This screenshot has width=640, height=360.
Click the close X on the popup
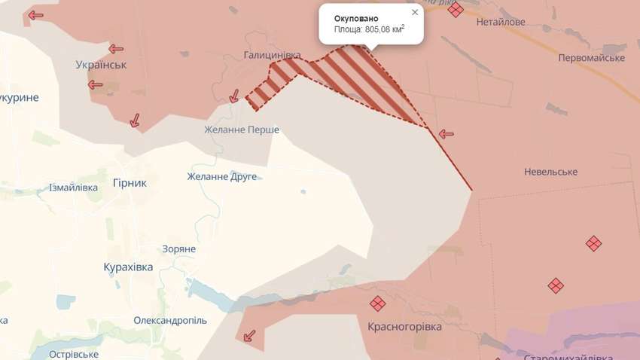[415, 13]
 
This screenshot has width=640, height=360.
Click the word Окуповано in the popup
[356, 17]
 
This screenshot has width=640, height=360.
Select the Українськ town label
[102, 65]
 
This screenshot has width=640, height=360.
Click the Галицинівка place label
[272, 55]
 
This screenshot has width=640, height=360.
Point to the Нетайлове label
[501, 22]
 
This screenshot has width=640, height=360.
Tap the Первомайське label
[592, 58]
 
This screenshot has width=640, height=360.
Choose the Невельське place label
[551, 172]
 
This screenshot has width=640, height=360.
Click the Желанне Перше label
[242, 130]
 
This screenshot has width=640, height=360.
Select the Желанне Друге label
[222, 176]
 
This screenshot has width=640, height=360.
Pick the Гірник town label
[130, 182]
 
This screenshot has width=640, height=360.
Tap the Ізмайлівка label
[73, 188]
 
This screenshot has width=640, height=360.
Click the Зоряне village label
[179, 249]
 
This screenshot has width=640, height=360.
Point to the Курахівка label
[128, 267]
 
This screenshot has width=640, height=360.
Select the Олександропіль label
[170, 320]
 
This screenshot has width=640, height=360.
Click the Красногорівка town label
[404, 327]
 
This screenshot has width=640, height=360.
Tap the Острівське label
[74, 354]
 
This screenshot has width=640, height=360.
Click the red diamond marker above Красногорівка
[377, 304]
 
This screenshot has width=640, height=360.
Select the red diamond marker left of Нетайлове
[455, 9]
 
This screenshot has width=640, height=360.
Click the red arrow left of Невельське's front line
[446, 134]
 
